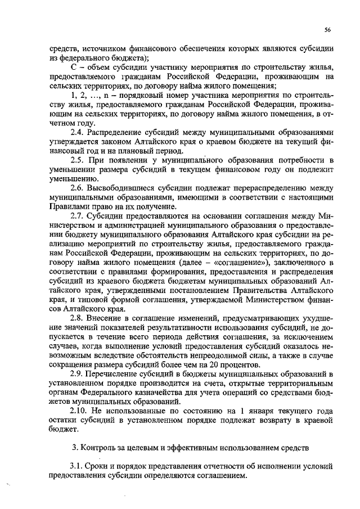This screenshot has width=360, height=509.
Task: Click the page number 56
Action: [x=327, y=30]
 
